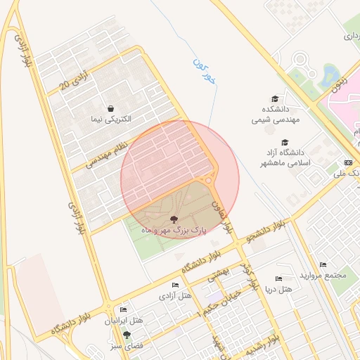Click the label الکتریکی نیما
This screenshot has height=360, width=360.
pyautogui.click(x=111, y=119)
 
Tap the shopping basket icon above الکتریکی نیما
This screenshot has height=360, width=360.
pyautogui.click(x=111, y=107)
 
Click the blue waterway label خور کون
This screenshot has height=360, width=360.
pyautogui.click(x=204, y=72)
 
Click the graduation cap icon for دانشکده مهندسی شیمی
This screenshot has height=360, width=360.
pyautogui.click(x=275, y=99)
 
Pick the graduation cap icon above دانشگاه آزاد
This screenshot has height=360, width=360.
pyautogui.click(x=285, y=142)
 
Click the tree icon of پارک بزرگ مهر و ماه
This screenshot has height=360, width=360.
pyautogui.click(x=174, y=219)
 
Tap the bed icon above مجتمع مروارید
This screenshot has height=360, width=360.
pyautogui.click(x=323, y=264)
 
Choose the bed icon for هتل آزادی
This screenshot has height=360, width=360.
pyautogui.click(x=175, y=285)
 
